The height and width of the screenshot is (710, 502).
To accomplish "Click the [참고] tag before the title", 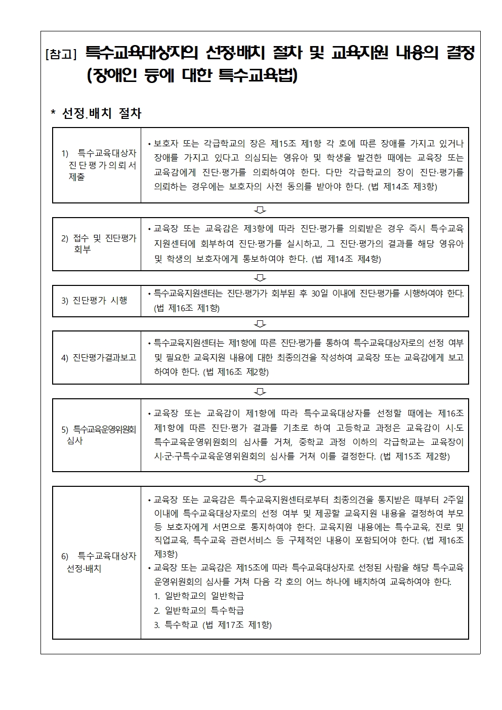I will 61,54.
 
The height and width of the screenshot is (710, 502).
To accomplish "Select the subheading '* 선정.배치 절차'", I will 96,113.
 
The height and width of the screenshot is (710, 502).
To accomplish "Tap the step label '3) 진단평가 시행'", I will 95,301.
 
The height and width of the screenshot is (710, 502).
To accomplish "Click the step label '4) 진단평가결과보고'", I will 99,358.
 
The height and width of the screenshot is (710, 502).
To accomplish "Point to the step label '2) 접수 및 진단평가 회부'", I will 99,243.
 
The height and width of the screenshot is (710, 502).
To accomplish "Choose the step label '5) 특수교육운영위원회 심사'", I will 99,435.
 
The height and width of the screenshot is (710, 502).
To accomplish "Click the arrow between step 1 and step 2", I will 261,210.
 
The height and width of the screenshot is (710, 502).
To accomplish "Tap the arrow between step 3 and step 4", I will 261,324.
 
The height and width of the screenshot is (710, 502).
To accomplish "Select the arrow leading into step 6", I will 261,478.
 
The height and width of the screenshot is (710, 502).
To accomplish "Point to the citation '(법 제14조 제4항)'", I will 346,259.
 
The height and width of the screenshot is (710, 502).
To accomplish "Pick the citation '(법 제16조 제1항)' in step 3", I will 187,308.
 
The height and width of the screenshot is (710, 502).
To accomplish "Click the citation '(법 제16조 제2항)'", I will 236,372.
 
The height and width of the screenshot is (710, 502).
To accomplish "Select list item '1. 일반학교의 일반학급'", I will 199,596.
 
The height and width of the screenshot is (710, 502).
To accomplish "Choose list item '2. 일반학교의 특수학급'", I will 199,610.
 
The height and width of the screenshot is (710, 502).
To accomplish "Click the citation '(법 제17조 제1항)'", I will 237,625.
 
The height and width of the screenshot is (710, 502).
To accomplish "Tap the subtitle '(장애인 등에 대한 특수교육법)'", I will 192,76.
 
